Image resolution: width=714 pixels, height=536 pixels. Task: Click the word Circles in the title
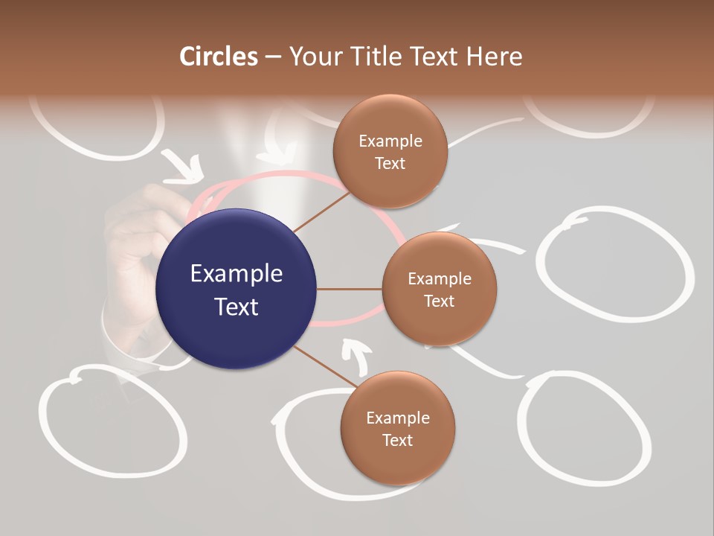218,56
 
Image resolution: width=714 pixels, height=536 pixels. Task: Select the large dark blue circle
236,289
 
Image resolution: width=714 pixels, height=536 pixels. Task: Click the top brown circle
390,151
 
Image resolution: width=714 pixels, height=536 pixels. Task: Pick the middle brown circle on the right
439,289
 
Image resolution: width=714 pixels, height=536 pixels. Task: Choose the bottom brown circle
397,428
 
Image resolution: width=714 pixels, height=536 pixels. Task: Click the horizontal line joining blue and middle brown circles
350,289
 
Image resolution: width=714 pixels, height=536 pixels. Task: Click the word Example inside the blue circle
236,274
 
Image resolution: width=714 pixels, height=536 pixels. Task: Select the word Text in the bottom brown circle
397,440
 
